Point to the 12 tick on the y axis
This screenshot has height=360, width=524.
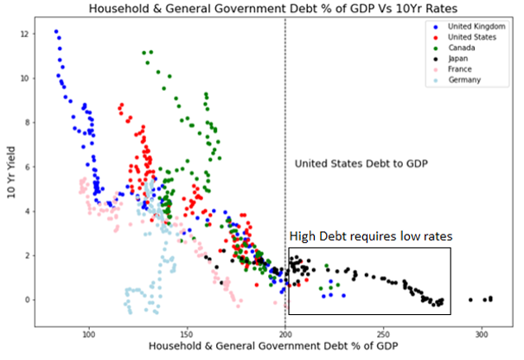click(x=28, y=34)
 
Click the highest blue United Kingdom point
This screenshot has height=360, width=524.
click(x=56, y=32)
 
